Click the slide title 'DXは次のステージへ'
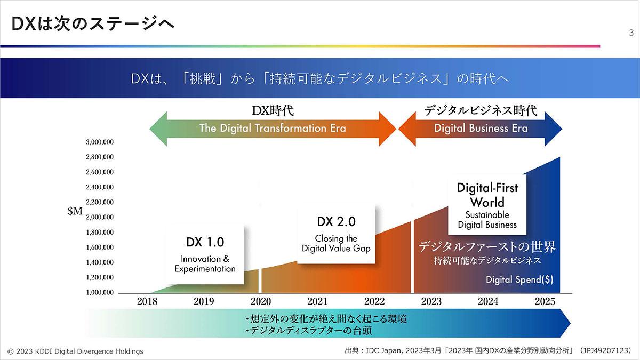tap(93, 23)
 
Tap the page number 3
tap(631, 33)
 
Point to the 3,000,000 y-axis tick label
tap(100, 142)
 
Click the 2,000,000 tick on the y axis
tap(100, 217)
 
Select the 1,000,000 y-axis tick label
tap(100, 292)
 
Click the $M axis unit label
tap(75, 211)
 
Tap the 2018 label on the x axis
tap(147, 301)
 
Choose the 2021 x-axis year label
tap(317, 301)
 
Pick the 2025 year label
tap(545, 301)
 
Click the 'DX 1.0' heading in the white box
tap(205, 242)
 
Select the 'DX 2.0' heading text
tap(337, 222)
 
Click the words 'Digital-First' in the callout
tap(487, 188)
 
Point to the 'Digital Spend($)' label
tap(519, 279)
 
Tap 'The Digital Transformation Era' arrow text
tap(273, 128)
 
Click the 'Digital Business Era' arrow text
tap(481, 128)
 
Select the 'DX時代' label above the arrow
tap(273, 111)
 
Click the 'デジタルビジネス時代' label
tap(481, 110)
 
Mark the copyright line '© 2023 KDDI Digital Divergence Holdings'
tap(75, 351)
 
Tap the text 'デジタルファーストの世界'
tap(487, 247)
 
